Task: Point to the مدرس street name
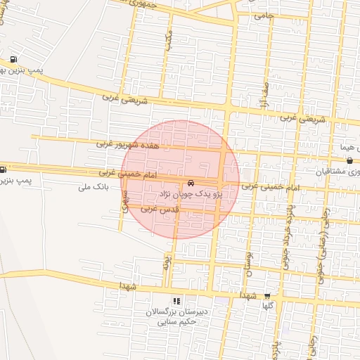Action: point(168,41)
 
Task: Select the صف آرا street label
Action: point(265,99)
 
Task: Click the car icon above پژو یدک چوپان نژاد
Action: point(192,182)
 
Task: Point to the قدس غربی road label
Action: point(157,209)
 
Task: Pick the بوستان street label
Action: point(247,264)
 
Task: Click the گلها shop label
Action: point(267,306)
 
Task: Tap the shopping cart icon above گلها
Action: point(266,297)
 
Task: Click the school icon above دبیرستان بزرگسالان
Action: point(176,301)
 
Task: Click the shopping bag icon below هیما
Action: point(349,161)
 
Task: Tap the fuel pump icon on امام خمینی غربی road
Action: point(4,169)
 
